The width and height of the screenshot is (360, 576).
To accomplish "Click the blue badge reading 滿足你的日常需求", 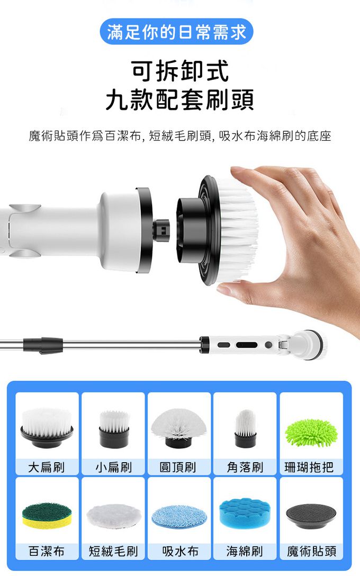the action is coord(177,32).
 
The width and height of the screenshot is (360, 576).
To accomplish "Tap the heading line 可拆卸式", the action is coord(180,71).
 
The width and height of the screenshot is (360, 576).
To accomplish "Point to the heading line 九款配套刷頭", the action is coord(180,100).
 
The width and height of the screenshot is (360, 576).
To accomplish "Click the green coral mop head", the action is coord(311,433).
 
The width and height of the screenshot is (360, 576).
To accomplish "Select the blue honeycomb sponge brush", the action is coord(245,513).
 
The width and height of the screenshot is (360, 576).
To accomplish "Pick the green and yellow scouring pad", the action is coord(47,514).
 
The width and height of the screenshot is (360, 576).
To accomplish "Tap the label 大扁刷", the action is coord(47,467).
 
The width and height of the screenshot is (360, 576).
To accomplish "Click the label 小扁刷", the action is coord(113,467).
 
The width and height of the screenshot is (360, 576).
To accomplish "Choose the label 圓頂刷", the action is coord(178,467).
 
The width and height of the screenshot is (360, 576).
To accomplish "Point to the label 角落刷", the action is coord(245,467).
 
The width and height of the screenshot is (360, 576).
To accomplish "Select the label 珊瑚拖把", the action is coord(309,467).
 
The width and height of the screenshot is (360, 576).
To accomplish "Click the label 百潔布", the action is coord(47,551).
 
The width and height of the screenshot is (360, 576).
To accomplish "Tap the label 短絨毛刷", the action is coord(113,551).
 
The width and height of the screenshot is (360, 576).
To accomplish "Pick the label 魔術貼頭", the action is coord(311,551).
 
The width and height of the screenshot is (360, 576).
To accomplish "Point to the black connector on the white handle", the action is coord(161,231).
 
